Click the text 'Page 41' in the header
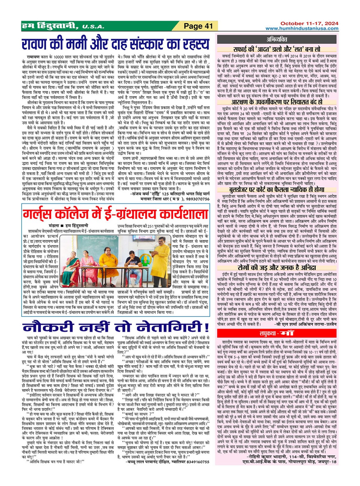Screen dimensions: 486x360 coord(198,26)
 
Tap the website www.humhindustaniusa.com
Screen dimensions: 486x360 coord(302,29)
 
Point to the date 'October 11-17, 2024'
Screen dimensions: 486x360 coord(309,23)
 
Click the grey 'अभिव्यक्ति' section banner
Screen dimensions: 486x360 coord(277,40)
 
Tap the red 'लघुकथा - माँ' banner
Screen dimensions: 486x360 coord(277,333)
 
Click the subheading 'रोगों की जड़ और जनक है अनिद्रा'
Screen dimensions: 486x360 coord(277,268)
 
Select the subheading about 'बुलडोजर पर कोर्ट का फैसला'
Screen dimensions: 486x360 coord(277,190)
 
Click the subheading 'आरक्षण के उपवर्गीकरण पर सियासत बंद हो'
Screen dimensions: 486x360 coord(277,102)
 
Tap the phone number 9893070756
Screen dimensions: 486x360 coord(195,199)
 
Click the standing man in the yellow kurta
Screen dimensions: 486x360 coord(164,260)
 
